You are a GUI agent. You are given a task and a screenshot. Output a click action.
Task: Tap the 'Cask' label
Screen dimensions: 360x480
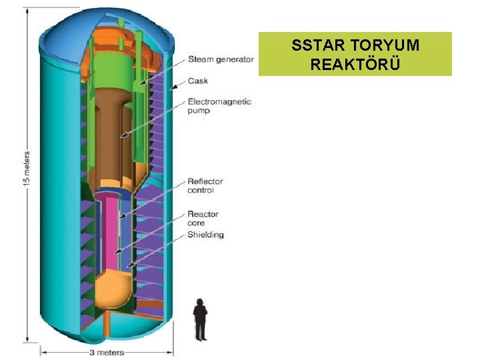(197, 81)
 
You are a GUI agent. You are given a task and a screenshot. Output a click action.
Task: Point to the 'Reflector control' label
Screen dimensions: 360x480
(205, 185)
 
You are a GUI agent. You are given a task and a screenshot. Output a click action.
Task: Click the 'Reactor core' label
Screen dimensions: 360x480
(203, 219)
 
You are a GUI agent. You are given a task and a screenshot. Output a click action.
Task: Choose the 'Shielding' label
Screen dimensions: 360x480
(205, 235)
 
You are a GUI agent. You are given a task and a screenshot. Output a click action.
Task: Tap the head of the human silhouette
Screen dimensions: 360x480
(199, 302)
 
